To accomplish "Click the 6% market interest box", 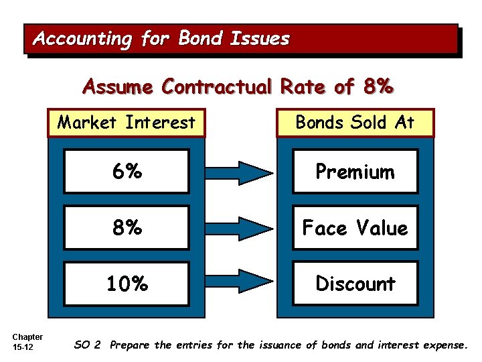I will pos(127,172).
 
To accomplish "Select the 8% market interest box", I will pos(127,228).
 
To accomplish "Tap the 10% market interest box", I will pos(127,284).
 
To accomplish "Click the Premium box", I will pos(355,172).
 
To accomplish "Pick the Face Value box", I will pos(355,228).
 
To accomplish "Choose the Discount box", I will pos(355,284).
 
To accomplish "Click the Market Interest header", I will pos(127,123).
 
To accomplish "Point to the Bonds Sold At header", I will pos(355,123).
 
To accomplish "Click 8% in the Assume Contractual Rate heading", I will pos(376,87).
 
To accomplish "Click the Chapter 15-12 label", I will pos(27,341).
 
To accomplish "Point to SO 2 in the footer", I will pos(88,345).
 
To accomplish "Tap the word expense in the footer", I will pos(445,345).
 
